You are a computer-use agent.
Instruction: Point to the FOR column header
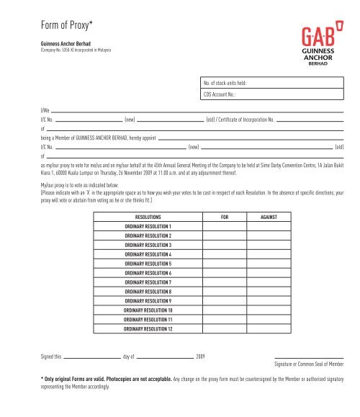pyautogui.click(x=225, y=216)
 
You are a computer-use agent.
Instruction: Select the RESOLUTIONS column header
pyautogui.click(x=148, y=216)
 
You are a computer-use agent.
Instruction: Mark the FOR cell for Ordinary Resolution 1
pyautogui.click(x=225, y=226)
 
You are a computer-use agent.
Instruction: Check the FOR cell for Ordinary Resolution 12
pyautogui.click(x=225, y=329)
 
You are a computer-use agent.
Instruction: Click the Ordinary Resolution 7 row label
pyautogui.click(x=148, y=283)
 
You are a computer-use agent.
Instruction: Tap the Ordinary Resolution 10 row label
pyautogui.click(x=148, y=310)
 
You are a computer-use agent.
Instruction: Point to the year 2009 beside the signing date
pyautogui.click(x=201, y=357)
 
